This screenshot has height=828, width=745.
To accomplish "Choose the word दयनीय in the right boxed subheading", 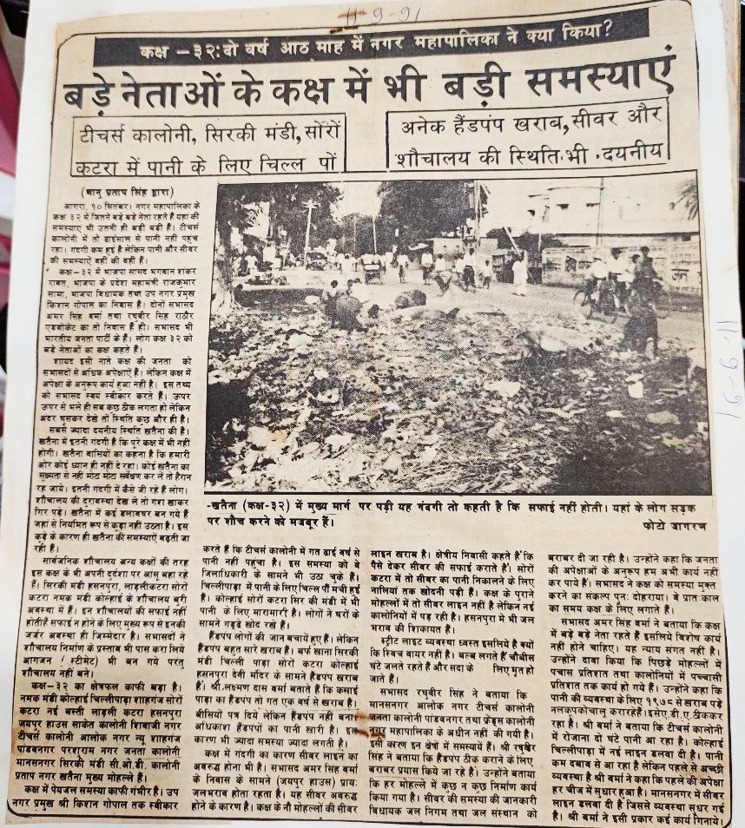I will point(633,153).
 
